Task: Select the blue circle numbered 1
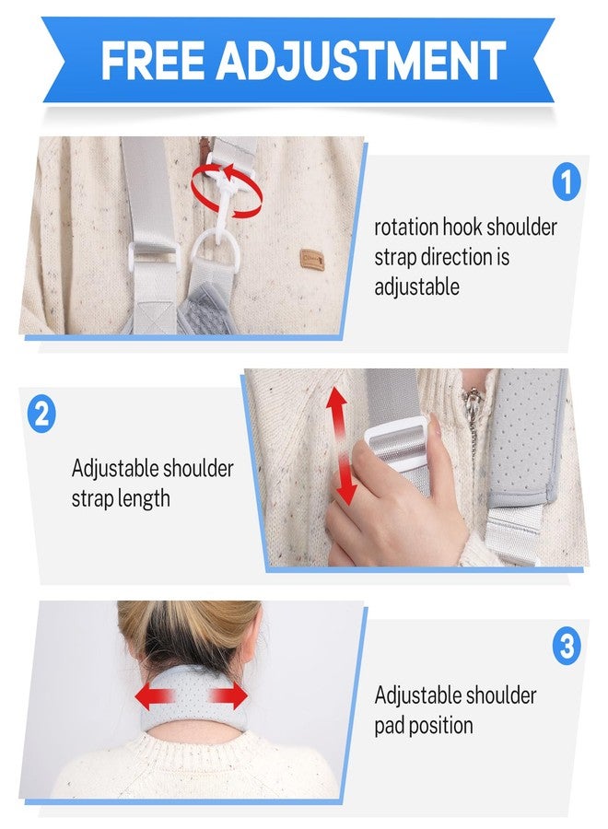[567, 181]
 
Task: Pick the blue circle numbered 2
[41, 414]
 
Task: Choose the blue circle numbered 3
[567, 646]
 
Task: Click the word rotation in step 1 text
[406, 228]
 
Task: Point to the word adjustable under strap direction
[416, 288]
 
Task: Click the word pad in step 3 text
[389, 726]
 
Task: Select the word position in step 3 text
[440, 726]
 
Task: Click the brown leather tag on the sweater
[312, 260]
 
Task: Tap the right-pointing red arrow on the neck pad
[229, 695]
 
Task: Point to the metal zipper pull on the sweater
[472, 403]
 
